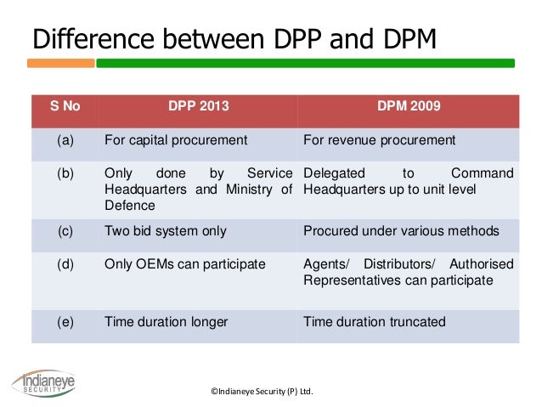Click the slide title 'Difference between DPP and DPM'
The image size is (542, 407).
233,39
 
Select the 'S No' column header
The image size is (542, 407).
65,108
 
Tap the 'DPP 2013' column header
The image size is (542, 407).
198,108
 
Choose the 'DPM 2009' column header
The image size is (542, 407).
408,108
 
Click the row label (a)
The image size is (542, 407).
65,140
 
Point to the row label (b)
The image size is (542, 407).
65,173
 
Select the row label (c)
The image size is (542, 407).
65,230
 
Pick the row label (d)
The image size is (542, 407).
65,264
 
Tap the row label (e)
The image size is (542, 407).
65,321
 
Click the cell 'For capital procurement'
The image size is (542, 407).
175,140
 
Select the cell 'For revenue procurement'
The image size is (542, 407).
379,140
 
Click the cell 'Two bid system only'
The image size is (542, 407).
166,230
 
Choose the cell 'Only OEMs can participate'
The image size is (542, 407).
184,264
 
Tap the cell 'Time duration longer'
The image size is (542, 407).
167,321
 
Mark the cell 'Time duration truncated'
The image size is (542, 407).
374,321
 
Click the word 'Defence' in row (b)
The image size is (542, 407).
129,206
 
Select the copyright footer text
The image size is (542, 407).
262,392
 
